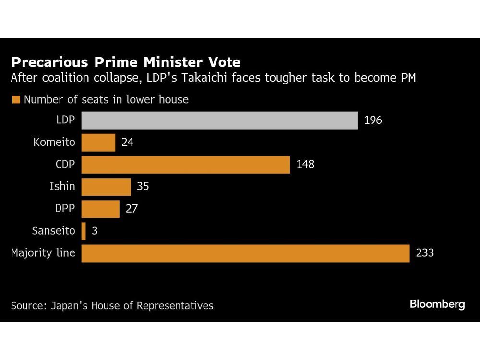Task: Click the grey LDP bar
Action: click(x=219, y=120)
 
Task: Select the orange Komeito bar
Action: click(x=98, y=143)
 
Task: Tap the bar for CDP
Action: click(x=185, y=165)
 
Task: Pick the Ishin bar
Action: click(x=106, y=187)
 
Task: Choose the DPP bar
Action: click(x=100, y=209)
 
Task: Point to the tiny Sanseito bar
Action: click(x=84, y=231)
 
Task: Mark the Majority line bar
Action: click(x=245, y=253)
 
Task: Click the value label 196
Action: click(x=373, y=120)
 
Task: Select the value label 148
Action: click(x=305, y=165)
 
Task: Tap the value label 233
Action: click(x=425, y=253)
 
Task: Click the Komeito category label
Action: click(x=54, y=143)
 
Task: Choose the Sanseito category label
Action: click(x=53, y=231)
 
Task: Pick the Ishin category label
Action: click(x=62, y=187)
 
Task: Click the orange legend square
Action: click(x=16, y=100)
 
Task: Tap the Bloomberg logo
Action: click(x=437, y=304)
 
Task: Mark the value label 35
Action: click(x=143, y=187)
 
